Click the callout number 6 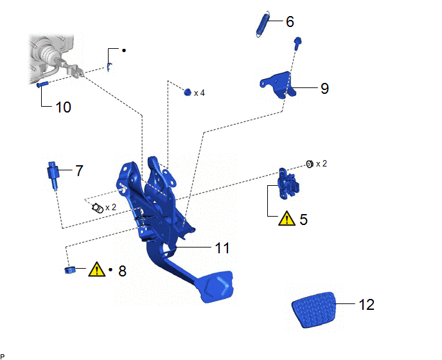(290, 21)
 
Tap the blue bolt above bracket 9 (297, 44)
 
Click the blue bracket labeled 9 (278, 85)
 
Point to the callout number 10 (63, 107)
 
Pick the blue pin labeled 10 (42, 84)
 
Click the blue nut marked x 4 (188, 92)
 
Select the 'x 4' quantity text (199, 93)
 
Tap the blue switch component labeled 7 (53, 175)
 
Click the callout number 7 (80, 171)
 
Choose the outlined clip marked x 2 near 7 (98, 208)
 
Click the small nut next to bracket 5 (310, 164)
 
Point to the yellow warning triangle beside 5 (287, 219)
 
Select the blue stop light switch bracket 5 (288, 184)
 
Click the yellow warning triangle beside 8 (96, 269)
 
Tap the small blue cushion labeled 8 (69, 270)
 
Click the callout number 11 (222, 248)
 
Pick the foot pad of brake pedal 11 (217, 287)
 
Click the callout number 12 (366, 305)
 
